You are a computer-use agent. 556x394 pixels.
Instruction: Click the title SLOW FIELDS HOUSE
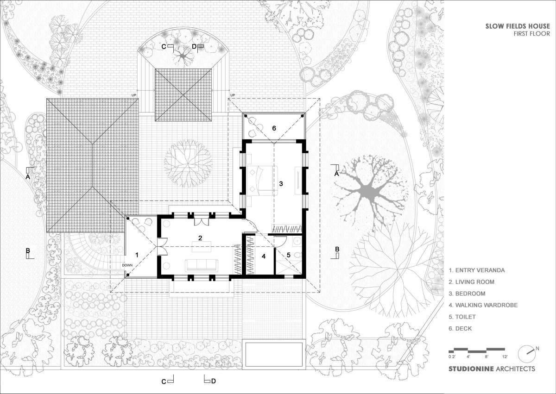[518, 26]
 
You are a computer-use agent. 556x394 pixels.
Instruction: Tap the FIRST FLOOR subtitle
[532, 33]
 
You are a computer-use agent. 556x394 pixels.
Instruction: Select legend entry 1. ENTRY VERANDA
[477, 270]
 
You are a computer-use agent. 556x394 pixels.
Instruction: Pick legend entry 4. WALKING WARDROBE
[483, 305]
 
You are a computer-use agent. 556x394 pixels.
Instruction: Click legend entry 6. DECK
[460, 329]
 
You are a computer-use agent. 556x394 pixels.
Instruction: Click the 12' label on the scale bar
[505, 357]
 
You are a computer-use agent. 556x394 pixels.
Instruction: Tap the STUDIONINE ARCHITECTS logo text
[492, 369]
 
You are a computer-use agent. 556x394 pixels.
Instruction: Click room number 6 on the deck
[274, 128]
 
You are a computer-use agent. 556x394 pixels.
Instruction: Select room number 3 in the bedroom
[281, 183]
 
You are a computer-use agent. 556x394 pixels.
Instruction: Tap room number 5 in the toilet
[288, 255]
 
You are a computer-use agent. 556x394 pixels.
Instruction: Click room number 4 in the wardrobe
[264, 256]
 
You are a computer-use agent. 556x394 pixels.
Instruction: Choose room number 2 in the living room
[200, 238]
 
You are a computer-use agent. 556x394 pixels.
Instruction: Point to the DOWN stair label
[127, 265]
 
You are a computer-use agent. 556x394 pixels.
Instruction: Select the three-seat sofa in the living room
[202, 265]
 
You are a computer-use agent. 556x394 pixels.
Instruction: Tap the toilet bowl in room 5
[297, 255]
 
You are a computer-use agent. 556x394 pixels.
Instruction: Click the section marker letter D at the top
[194, 46]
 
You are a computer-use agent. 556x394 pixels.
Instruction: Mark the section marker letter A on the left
[28, 177]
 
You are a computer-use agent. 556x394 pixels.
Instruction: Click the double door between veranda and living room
[162, 246]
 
